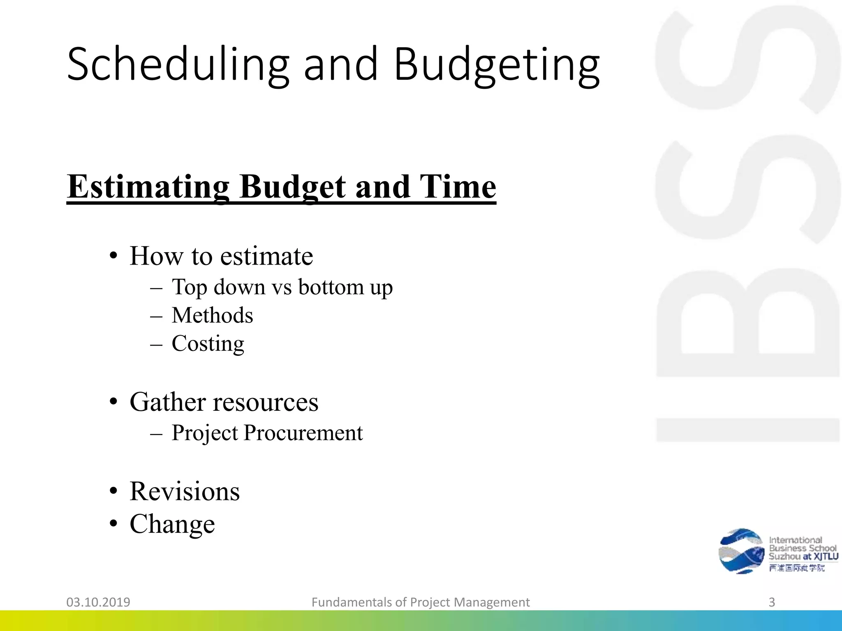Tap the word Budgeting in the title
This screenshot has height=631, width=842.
click(497, 66)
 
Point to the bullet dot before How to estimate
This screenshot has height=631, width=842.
click(114, 257)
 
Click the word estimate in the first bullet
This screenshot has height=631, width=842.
click(266, 256)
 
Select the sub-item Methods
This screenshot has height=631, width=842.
click(212, 315)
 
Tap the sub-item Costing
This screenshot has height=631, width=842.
click(208, 344)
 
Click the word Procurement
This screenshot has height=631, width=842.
click(303, 433)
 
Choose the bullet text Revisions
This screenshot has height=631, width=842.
click(185, 491)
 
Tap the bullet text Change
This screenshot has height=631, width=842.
click(172, 524)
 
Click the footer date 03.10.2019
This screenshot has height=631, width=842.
click(98, 602)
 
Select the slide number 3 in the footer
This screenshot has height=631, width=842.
click(772, 602)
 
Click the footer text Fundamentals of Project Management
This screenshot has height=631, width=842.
click(421, 602)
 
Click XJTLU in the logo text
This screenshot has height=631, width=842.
click(826, 557)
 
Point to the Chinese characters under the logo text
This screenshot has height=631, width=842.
click(797, 568)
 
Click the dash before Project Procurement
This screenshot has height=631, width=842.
click(156, 433)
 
